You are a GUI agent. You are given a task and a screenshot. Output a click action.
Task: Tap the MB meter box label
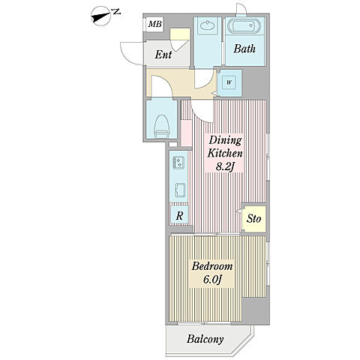click(x=155, y=24)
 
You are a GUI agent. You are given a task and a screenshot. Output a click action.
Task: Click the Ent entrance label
click(x=163, y=55)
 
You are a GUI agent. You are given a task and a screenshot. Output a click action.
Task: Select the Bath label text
click(x=244, y=49)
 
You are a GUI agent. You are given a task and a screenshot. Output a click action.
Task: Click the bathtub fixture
click(x=244, y=25)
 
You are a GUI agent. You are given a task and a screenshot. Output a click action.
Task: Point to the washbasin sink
click(x=206, y=25)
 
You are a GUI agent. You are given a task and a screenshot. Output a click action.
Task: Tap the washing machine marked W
click(x=229, y=82)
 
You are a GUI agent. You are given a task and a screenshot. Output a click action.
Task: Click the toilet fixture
click(x=162, y=126)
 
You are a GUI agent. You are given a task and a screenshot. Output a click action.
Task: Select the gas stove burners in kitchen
click(x=178, y=162)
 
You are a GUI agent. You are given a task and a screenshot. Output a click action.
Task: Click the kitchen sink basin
click(x=179, y=190)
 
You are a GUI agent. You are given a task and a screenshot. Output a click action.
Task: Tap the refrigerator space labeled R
click(x=179, y=215)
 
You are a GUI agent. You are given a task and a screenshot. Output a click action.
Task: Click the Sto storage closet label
click(x=253, y=219)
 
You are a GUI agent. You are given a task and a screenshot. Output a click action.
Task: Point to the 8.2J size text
click(x=224, y=166)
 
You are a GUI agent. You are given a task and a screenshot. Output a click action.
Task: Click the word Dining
click(x=225, y=140)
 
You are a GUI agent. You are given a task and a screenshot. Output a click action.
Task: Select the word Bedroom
click(x=212, y=266)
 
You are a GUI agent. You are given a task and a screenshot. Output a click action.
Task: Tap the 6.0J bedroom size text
click(x=212, y=280)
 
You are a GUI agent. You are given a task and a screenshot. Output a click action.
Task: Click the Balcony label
click(x=205, y=339)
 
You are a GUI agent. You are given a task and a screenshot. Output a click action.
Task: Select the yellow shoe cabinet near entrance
click(x=180, y=34)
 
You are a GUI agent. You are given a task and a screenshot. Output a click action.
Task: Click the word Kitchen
click(x=225, y=154)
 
